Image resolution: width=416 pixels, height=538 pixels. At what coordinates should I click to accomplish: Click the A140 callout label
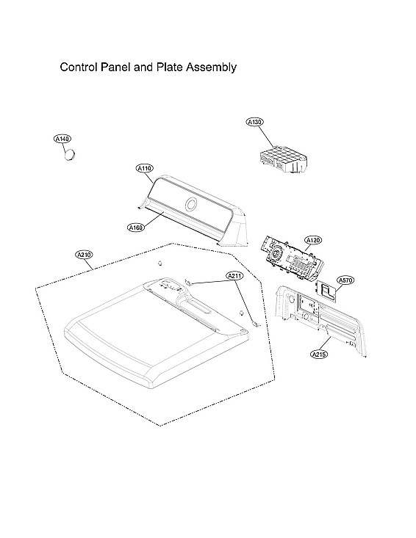(x=62, y=139)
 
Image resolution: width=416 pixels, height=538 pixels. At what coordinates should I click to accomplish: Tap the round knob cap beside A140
(x=71, y=154)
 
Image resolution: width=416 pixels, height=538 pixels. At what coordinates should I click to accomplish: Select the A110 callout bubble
(x=145, y=169)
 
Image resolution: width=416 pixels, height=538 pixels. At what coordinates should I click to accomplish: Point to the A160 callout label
(x=135, y=228)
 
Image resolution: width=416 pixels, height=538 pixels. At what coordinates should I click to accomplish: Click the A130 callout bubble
(x=255, y=123)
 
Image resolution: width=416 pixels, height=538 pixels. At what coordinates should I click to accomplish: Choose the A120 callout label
(x=314, y=240)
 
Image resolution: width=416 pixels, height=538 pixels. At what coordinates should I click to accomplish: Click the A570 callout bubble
(x=345, y=280)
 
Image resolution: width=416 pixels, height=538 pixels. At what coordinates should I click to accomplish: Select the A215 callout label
(x=319, y=354)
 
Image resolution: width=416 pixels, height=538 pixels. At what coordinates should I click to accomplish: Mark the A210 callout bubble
(x=85, y=255)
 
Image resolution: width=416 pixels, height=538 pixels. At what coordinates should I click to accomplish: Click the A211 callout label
(x=234, y=276)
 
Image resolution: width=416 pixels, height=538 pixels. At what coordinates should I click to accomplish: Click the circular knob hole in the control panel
(x=190, y=205)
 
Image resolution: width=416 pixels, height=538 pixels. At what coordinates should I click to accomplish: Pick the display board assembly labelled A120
(x=288, y=257)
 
